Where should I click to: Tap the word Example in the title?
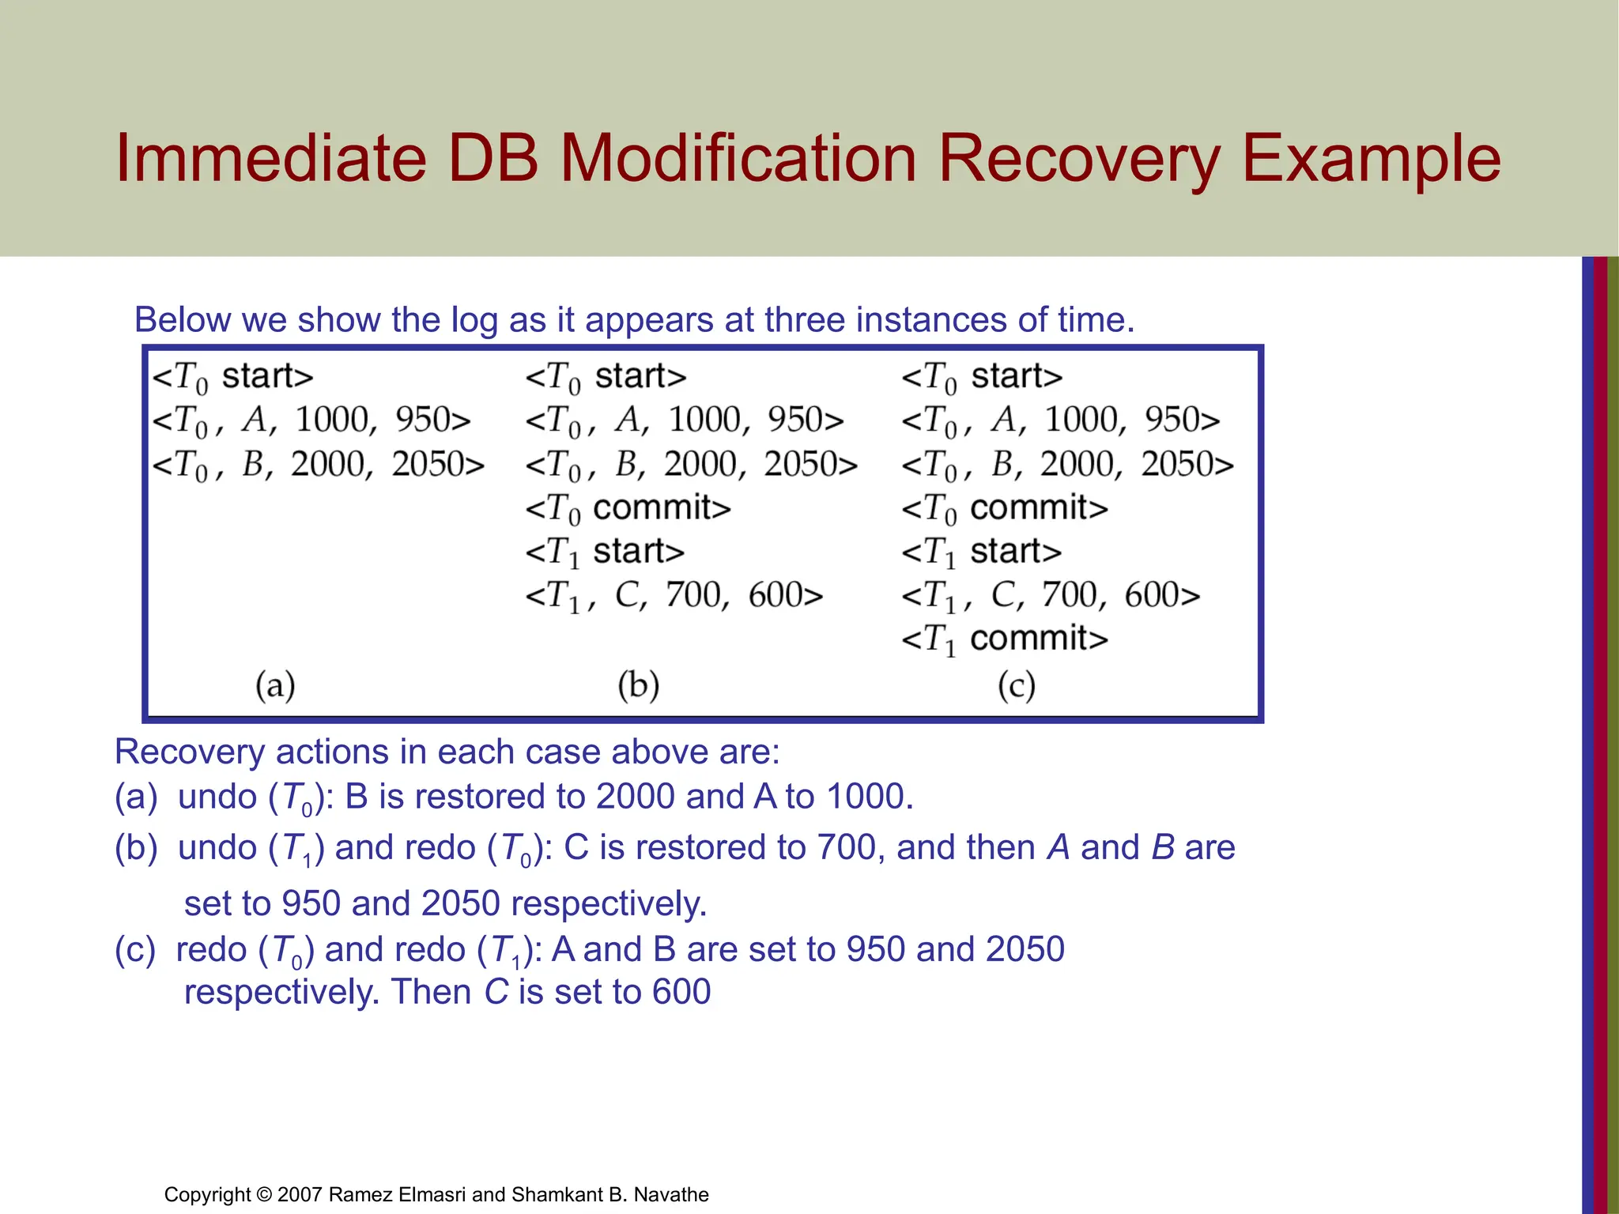coord(1371,160)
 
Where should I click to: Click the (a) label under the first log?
coord(275,684)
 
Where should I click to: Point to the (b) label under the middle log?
coord(638,684)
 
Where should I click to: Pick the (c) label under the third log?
coord(1016,684)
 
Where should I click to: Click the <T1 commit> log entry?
coord(1005,639)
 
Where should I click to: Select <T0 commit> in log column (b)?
coord(628,508)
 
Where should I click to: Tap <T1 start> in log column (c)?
coord(981,552)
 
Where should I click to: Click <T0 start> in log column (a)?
coord(233,377)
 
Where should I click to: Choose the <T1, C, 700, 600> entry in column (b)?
coord(674,595)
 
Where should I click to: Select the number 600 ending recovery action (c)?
coord(681,992)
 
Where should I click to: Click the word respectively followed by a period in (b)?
coord(608,903)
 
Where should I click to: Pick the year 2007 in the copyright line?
coord(300,1194)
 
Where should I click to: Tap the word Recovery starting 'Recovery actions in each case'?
coord(189,752)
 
